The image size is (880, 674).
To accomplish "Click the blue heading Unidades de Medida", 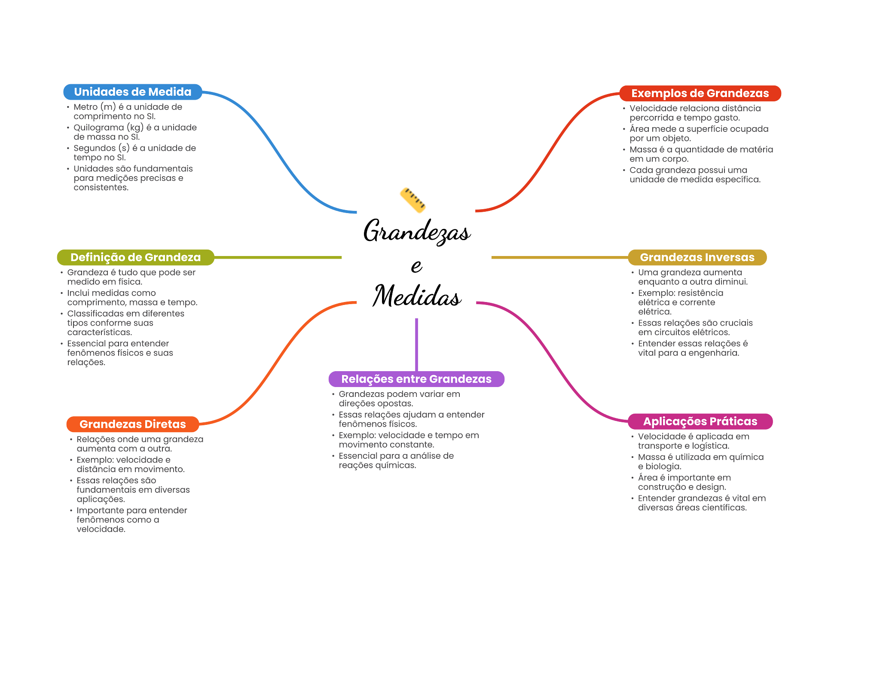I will (x=133, y=92).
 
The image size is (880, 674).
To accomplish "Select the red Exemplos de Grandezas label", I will (x=700, y=93).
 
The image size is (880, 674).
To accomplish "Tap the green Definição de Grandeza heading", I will (x=135, y=257).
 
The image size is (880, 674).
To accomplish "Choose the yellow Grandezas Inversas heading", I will (x=697, y=257).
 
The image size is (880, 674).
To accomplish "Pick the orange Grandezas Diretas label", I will (x=132, y=424).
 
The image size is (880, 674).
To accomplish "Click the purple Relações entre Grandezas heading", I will (x=416, y=379).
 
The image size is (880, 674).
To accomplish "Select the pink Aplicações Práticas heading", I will (x=700, y=421).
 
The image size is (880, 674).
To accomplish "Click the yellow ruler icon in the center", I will (x=412, y=200).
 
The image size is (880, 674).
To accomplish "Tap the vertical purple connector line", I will (x=416, y=344).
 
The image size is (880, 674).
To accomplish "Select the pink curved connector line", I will (x=554, y=361).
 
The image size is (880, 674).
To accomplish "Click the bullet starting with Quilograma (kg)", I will (x=135, y=132).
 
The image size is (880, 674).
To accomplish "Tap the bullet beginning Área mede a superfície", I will (x=699, y=134).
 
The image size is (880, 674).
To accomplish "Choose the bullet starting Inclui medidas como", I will (x=132, y=298).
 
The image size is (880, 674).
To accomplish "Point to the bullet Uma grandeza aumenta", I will (x=693, y=277).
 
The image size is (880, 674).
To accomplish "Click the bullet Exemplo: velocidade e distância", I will (x=131, y=464).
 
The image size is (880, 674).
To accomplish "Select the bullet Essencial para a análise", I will (x=396, y=461).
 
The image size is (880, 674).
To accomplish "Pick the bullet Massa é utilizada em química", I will (x=700, y=462).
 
